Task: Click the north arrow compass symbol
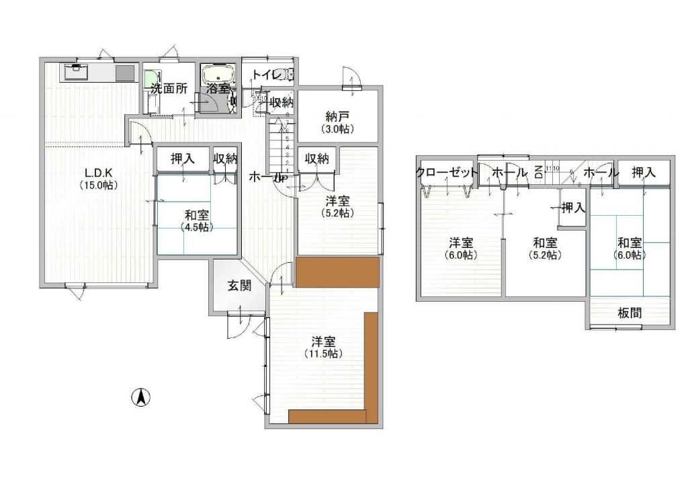tap(140, 397)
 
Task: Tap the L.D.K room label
tap(99, 171)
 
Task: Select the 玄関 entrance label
tap(239, 286)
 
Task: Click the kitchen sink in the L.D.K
tap(77, 70)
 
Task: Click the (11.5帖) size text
tap(323, 354)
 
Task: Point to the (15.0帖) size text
tap(99, 185)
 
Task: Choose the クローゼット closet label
tap(447, 172)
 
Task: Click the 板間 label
tap(630, 313)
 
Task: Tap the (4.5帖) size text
tap(197, 227)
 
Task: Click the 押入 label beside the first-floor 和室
tap(182, 159)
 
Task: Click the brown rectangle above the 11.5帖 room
tap(338, 272)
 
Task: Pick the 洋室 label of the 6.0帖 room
tap(461, 242)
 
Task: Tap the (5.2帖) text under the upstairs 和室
tap(545, 255)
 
